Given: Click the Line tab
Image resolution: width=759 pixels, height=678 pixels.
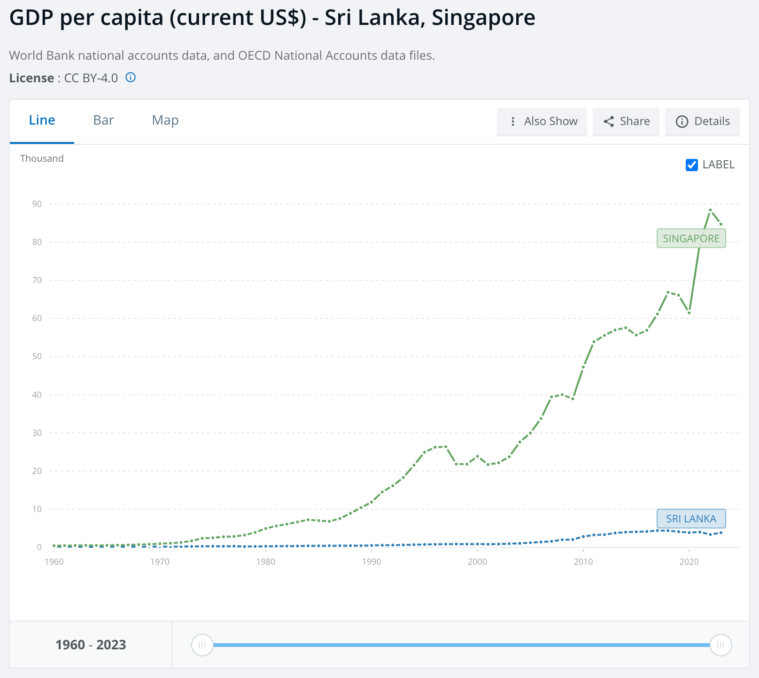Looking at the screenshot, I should (42, 120).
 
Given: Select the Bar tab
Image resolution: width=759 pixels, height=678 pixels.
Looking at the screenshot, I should (103, 120).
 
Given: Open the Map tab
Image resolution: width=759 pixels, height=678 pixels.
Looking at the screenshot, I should (165, 120).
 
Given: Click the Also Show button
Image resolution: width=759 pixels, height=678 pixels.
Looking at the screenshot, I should (542, 122).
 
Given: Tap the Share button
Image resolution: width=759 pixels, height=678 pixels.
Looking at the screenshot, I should (626, 122).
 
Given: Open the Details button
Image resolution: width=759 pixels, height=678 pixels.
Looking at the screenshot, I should (702, 122).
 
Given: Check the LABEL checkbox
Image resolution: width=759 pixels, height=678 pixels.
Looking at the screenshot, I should (692, 165).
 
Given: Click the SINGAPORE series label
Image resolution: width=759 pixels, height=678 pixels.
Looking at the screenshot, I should (691, 238).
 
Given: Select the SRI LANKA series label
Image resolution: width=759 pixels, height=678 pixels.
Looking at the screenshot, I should (691, 519).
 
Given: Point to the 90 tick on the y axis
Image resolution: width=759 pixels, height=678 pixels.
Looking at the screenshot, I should (37, 204).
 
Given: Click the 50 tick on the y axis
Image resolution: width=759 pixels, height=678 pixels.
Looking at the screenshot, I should (37, 356).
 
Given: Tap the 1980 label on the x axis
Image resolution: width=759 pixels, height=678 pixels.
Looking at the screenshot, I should (266, 562).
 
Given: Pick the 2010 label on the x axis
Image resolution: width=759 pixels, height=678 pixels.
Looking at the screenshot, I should (583, 562).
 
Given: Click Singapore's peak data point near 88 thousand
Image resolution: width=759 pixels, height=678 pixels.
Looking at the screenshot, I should (710, 210).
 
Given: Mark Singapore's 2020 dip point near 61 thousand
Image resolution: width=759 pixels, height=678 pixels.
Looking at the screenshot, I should (689, 313).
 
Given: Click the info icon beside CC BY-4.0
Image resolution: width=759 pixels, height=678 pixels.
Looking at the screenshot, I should (131, 78).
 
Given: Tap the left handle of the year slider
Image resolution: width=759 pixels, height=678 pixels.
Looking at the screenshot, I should (202, 645).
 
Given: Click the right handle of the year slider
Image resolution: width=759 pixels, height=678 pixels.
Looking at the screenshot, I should (720, 645).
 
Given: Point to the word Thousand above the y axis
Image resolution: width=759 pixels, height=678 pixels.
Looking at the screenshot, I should (42, 158).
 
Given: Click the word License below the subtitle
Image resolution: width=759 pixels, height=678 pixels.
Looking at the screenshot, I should (31, 78).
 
